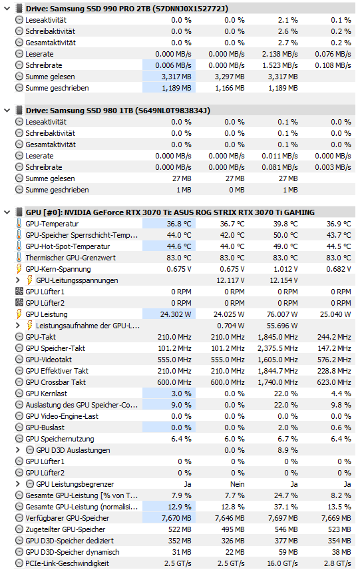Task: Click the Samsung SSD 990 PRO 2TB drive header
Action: pos(127,9)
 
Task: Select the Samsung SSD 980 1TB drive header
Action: pos(118,111)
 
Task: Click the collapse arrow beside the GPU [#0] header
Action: pos(7,212)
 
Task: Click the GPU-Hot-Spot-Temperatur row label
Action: pos(68,246)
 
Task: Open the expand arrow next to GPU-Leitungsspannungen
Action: pos(17,280)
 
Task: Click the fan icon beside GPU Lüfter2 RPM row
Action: pos(19,303)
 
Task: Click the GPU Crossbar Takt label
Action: pos(56,382)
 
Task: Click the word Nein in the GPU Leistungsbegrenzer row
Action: pos(237,484)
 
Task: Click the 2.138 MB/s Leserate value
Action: pos(280,54)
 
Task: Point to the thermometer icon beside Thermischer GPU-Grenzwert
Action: pos(19,258)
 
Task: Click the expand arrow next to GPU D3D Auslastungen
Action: pos(17,450)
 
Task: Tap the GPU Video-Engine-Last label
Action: pos(62,416)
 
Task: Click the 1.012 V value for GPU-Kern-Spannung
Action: pos(285,269)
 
